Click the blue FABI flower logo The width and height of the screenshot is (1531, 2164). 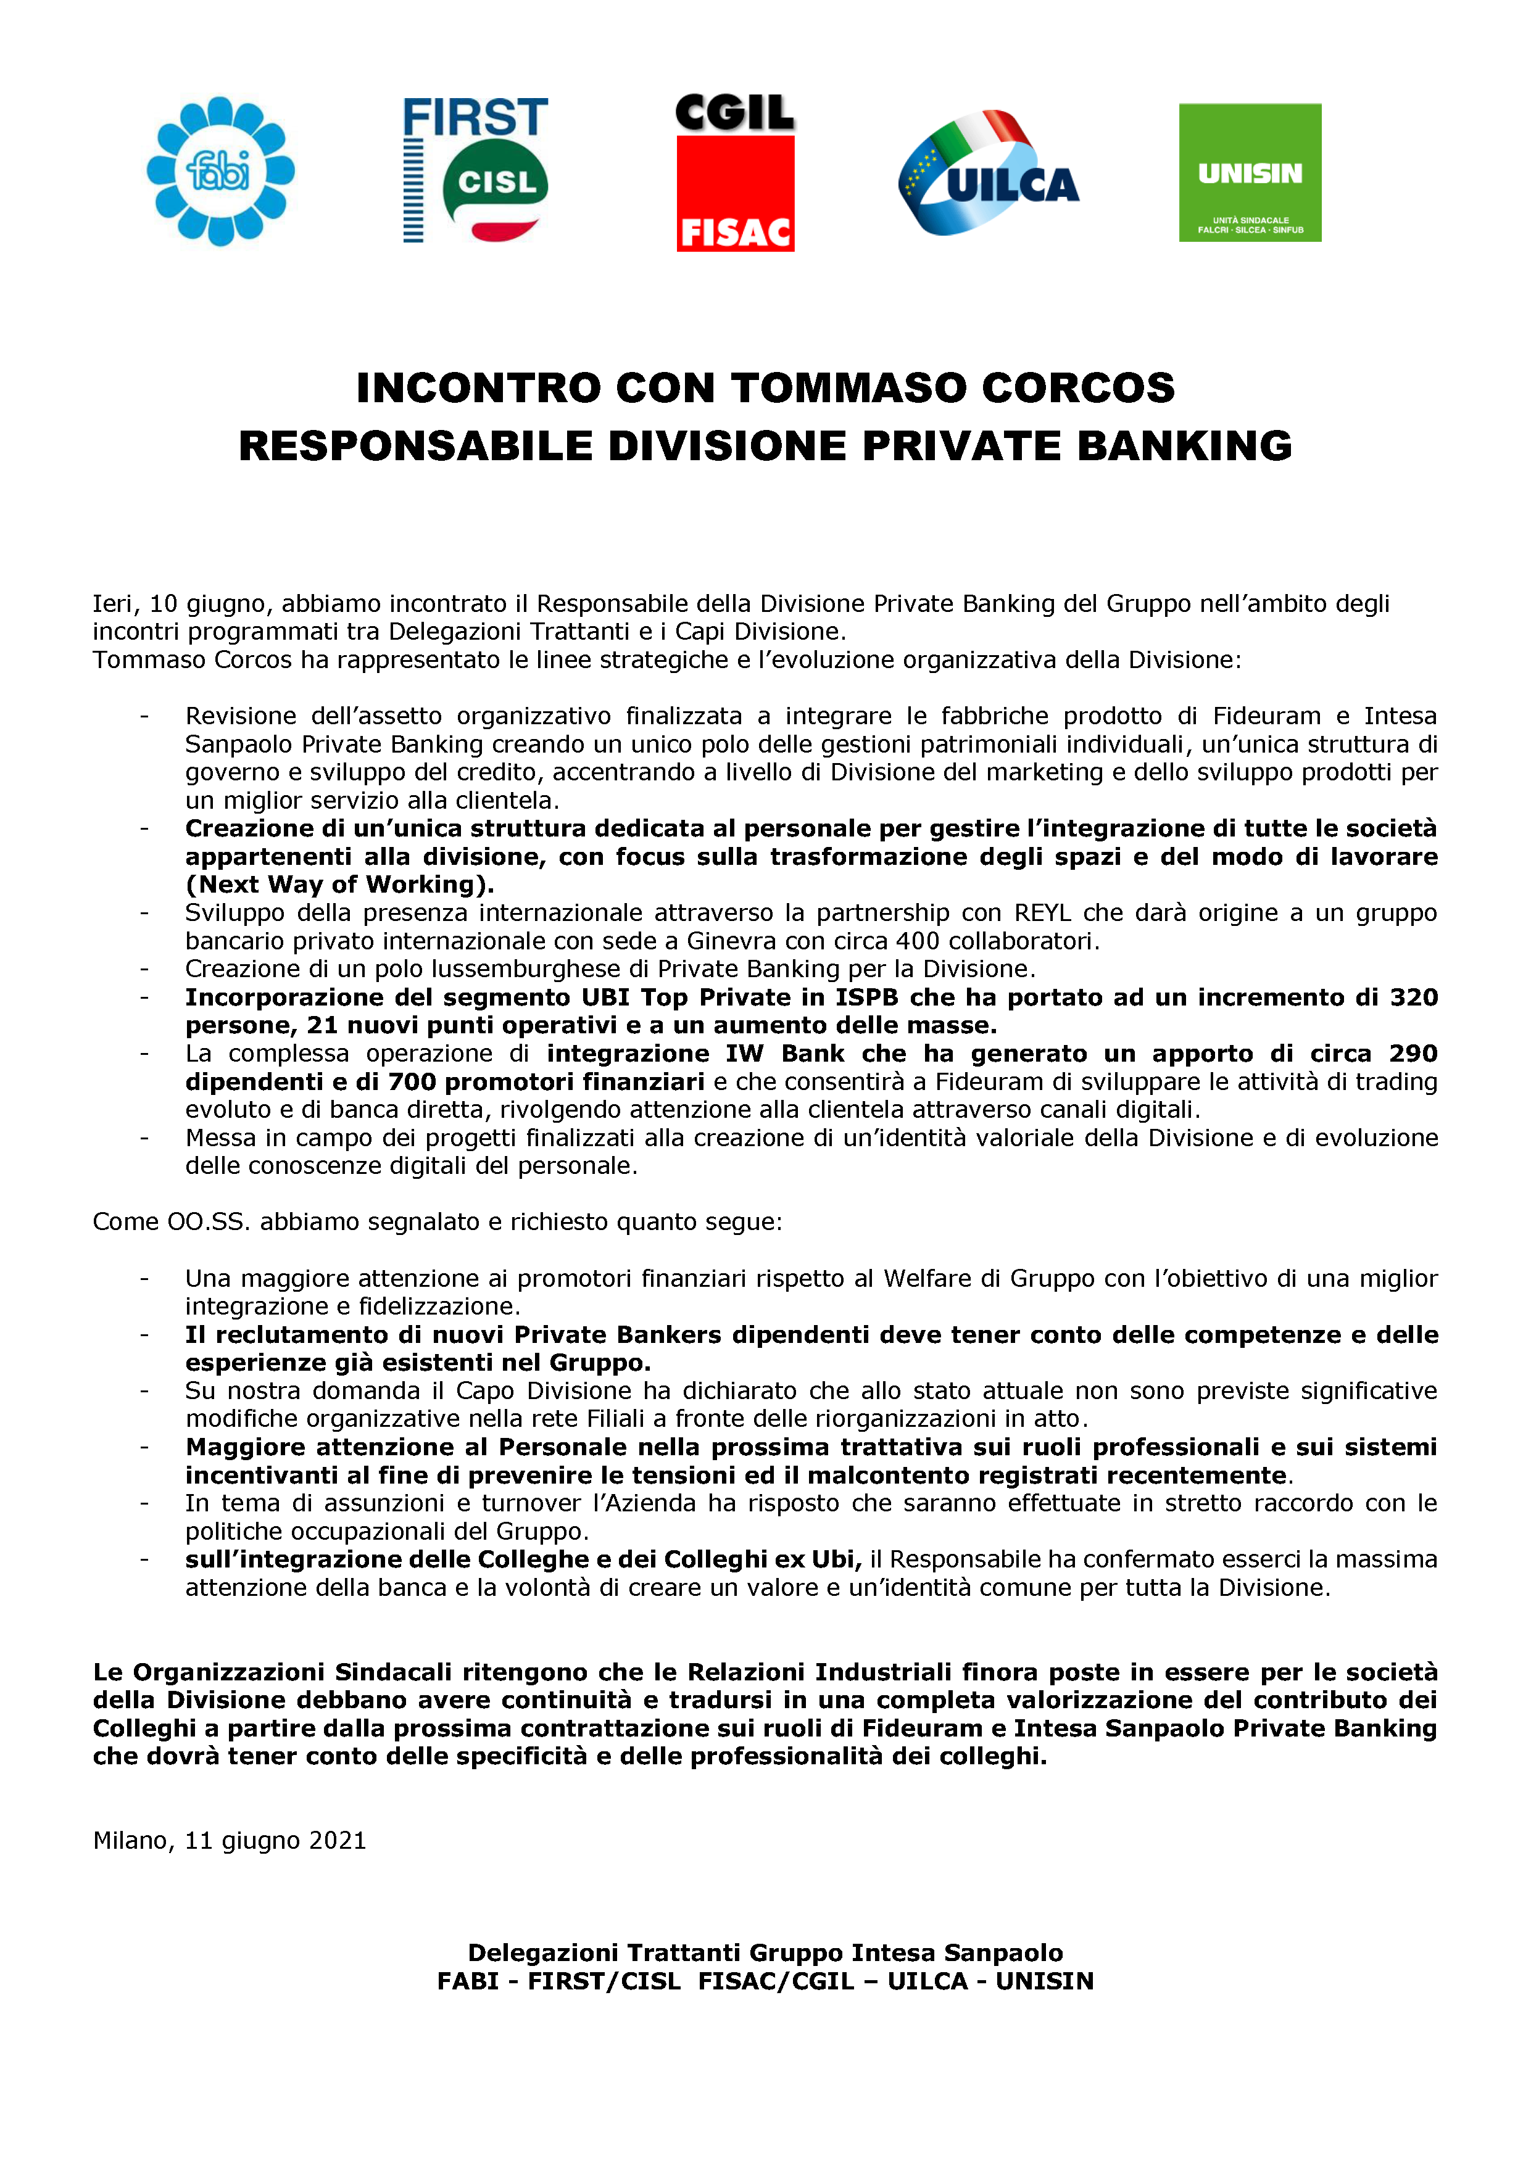coord(220,171)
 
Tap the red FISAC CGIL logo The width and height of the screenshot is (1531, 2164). coord(736,173)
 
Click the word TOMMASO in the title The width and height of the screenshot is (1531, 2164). coord(847,388)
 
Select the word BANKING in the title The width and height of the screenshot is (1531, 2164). coord(1184,446)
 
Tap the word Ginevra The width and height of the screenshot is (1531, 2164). coord(728,941)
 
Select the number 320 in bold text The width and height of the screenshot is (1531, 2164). coord(1413,997)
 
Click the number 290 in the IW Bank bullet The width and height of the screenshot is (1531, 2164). coord(1413,1054)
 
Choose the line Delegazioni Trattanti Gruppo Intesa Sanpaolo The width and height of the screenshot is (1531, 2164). coord(765,1953)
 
